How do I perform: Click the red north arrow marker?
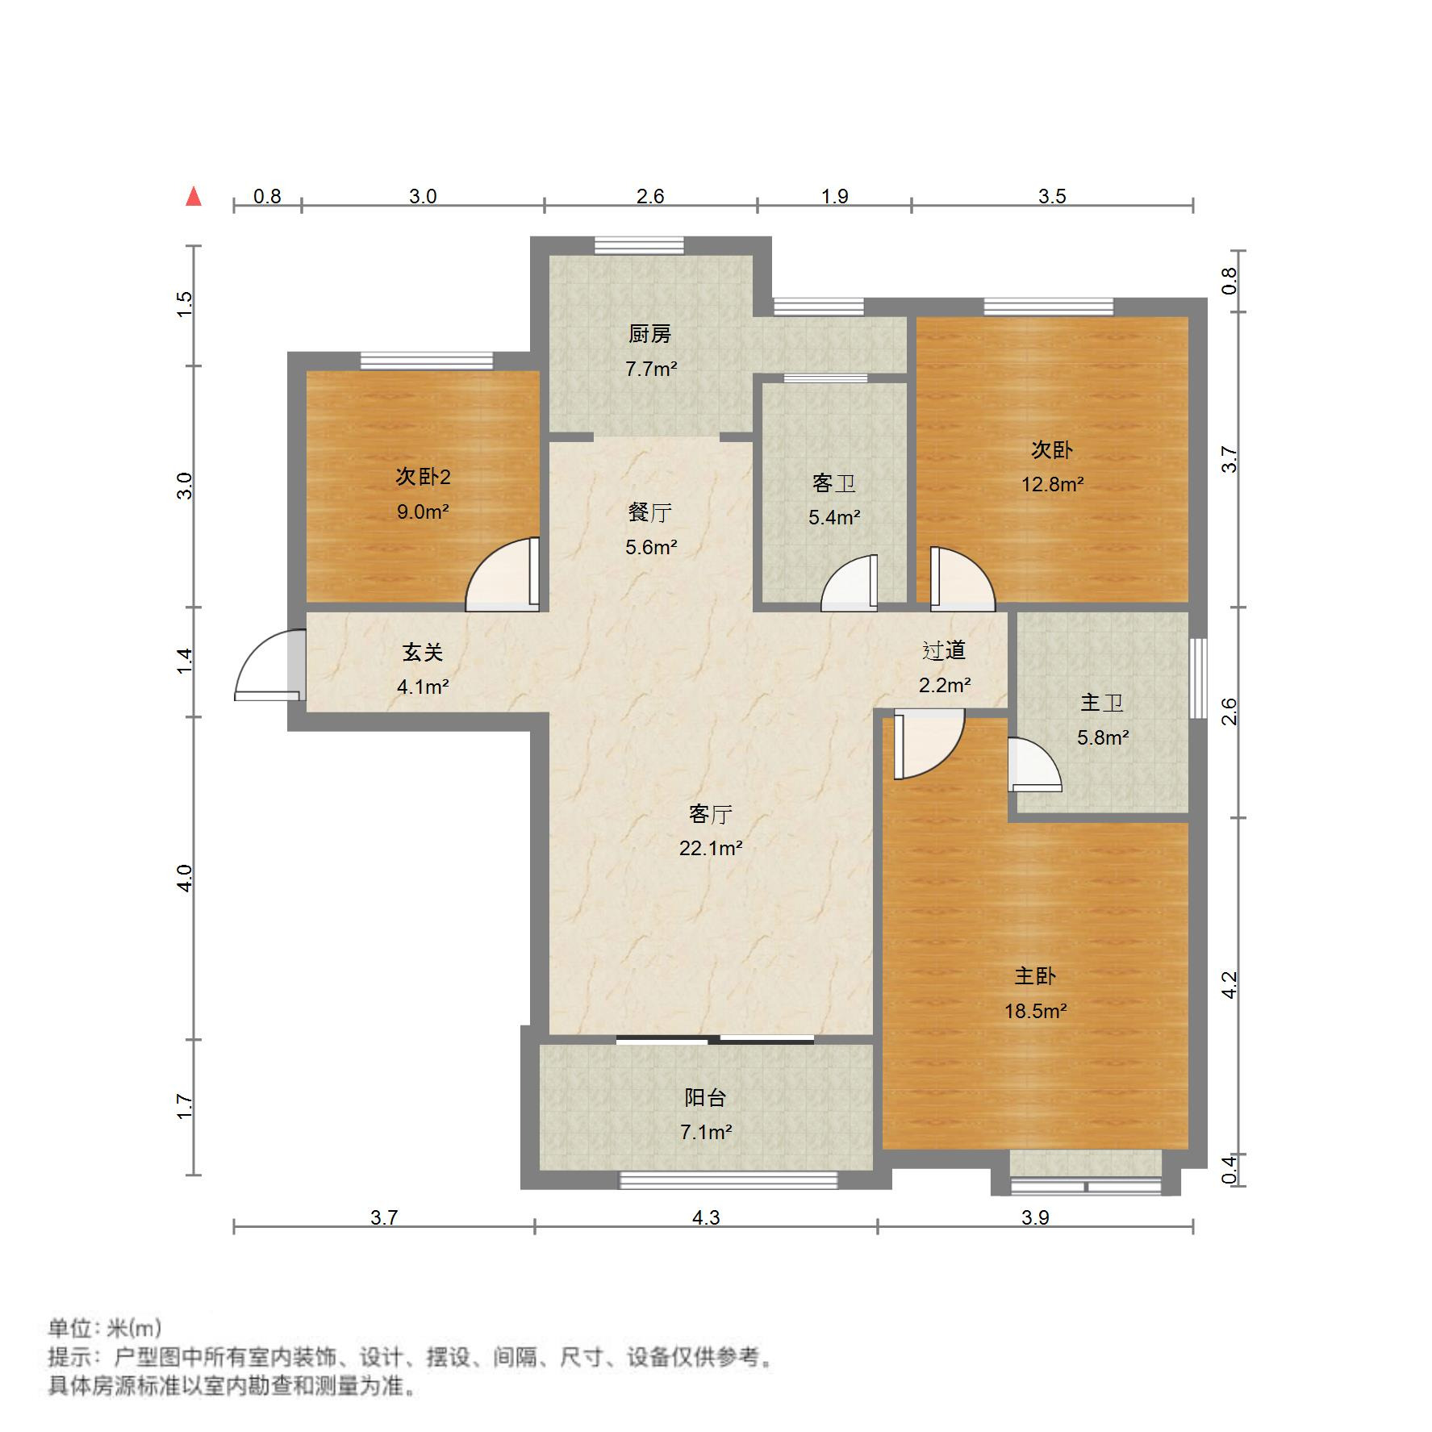[x=194, y=197]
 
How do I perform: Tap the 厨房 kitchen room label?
[x=649, y=333]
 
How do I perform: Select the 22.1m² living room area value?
[x=710, y=848]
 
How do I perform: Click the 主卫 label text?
[x=1102, y=703]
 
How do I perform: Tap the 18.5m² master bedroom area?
[x=1035, y=1011]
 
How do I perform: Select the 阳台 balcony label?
[x=705, y=1097]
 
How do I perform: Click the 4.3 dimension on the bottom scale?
[x=705, y=1217]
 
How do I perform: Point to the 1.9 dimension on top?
[x=834, y=196]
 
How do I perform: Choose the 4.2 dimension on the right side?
[x=1229, y=985]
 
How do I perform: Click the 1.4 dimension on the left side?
[x=185, y=662]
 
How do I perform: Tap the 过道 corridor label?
[x=944, y=650]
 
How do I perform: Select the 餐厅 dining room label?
[x=649, y=512]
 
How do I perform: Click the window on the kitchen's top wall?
[x=639, y=245]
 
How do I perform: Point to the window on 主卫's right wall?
[x=1199, y=666]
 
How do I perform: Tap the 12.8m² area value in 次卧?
[x=1052, y=484]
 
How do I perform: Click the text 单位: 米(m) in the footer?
[x=105, y=1328]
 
